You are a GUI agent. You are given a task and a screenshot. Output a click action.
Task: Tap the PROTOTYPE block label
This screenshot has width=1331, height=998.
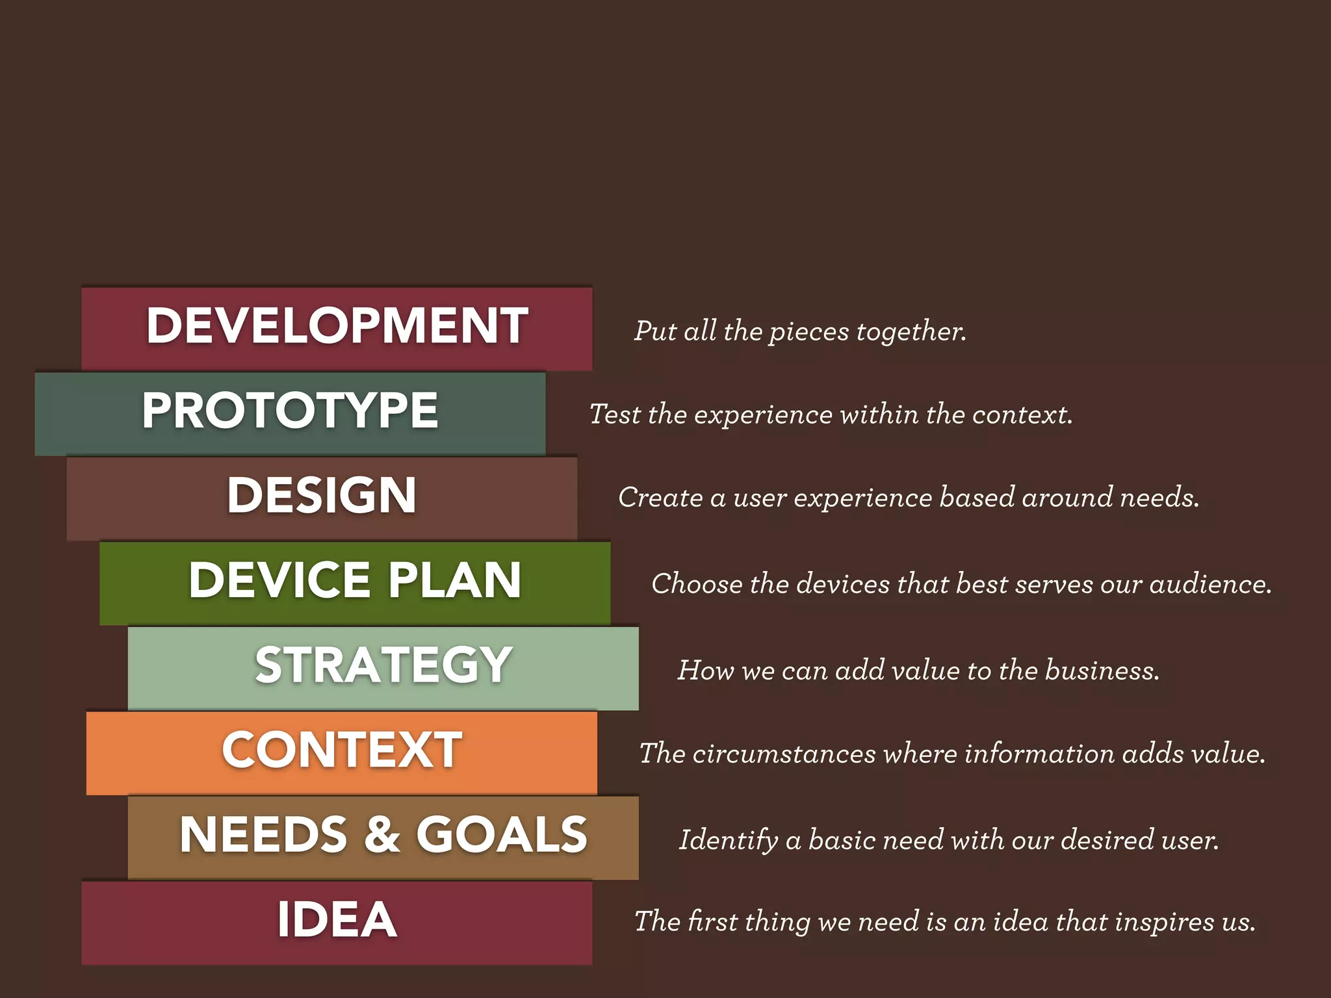290,410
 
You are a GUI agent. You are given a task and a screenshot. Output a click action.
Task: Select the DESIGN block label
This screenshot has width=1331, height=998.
322,495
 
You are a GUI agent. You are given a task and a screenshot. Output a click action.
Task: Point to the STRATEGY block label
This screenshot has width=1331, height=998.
383,665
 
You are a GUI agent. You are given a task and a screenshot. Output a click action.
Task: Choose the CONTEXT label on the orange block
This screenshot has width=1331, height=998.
342,750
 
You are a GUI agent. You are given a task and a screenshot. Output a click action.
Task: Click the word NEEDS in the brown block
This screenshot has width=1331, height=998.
263,834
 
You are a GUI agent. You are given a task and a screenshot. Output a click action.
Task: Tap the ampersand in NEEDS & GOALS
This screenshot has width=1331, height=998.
382,834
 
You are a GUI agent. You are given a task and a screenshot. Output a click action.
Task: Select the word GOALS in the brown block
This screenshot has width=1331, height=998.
502,834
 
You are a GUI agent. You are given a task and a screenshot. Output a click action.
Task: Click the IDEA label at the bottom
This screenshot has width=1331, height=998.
337,919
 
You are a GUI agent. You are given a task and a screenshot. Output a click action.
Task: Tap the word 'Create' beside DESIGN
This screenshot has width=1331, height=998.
660,498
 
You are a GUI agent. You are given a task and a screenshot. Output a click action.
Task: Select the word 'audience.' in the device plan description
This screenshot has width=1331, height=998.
1210,584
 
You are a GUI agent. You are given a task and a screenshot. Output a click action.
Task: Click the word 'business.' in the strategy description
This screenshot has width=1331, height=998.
1102,671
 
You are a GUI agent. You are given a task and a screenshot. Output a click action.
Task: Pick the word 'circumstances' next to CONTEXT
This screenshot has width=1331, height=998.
784,754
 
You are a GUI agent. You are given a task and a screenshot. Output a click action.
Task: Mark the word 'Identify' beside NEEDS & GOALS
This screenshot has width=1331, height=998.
728,840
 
